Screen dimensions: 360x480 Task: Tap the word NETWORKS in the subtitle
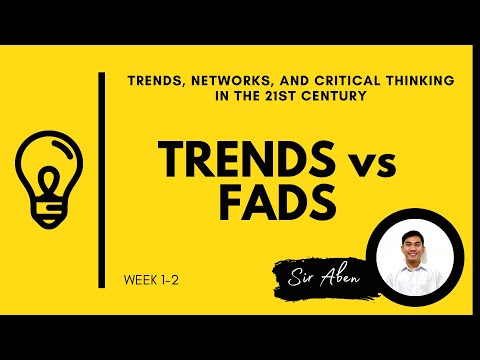click(x=217, y=79)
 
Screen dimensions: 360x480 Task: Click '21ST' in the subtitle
click(x=279, y=96)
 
